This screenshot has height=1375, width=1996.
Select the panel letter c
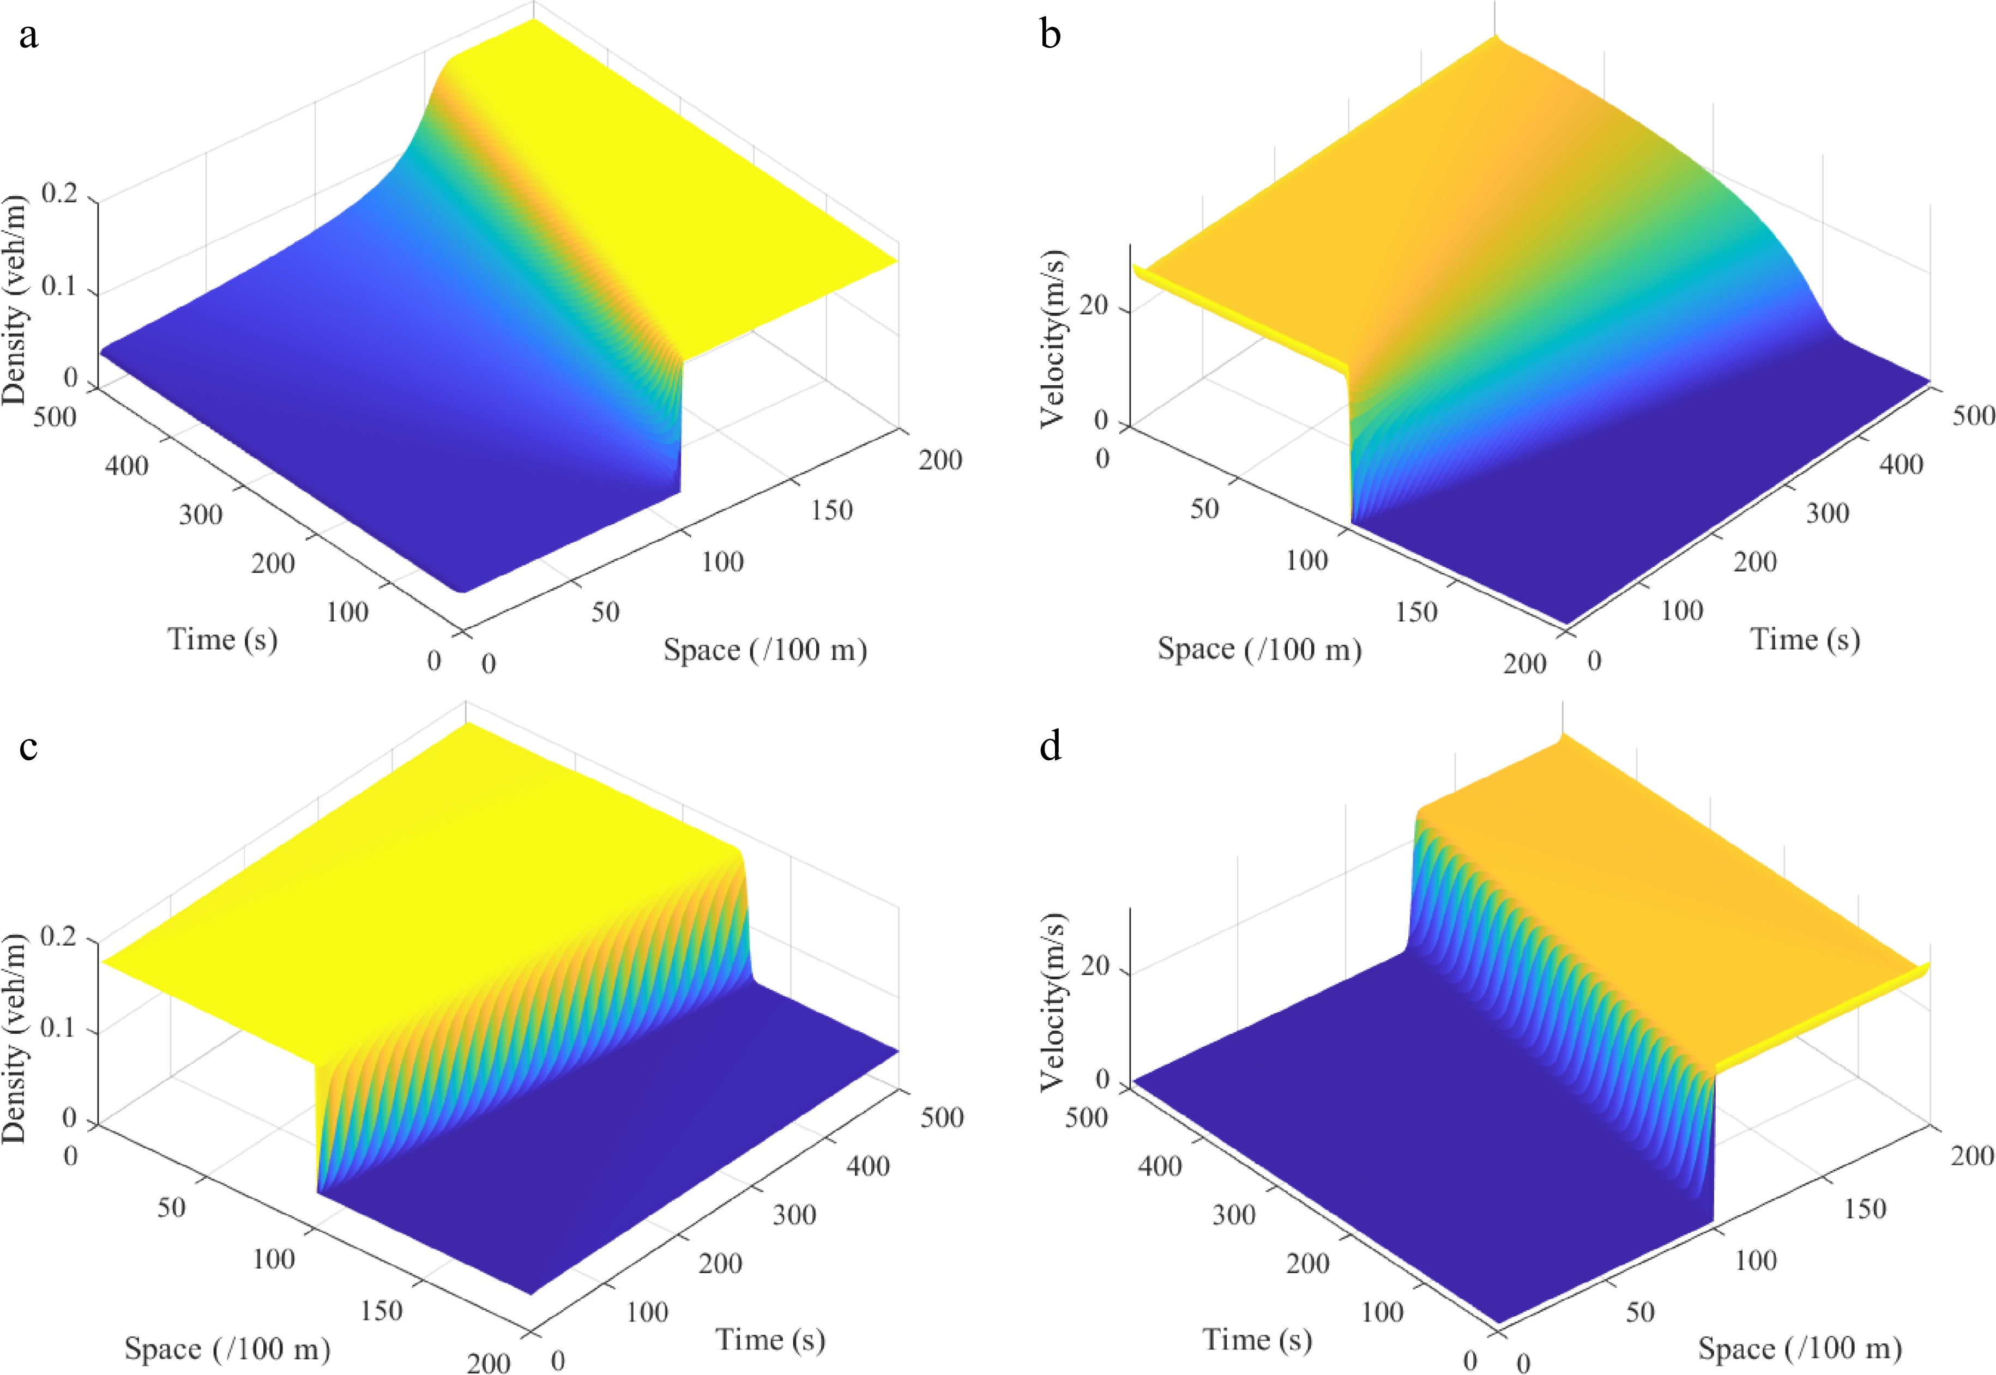28,746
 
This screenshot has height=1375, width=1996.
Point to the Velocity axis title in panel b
1053,338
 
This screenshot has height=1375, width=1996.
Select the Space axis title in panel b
1258,649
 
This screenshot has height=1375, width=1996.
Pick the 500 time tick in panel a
55,417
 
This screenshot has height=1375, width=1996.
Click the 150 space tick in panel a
831,510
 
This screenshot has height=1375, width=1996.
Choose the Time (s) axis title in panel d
1257,1340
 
